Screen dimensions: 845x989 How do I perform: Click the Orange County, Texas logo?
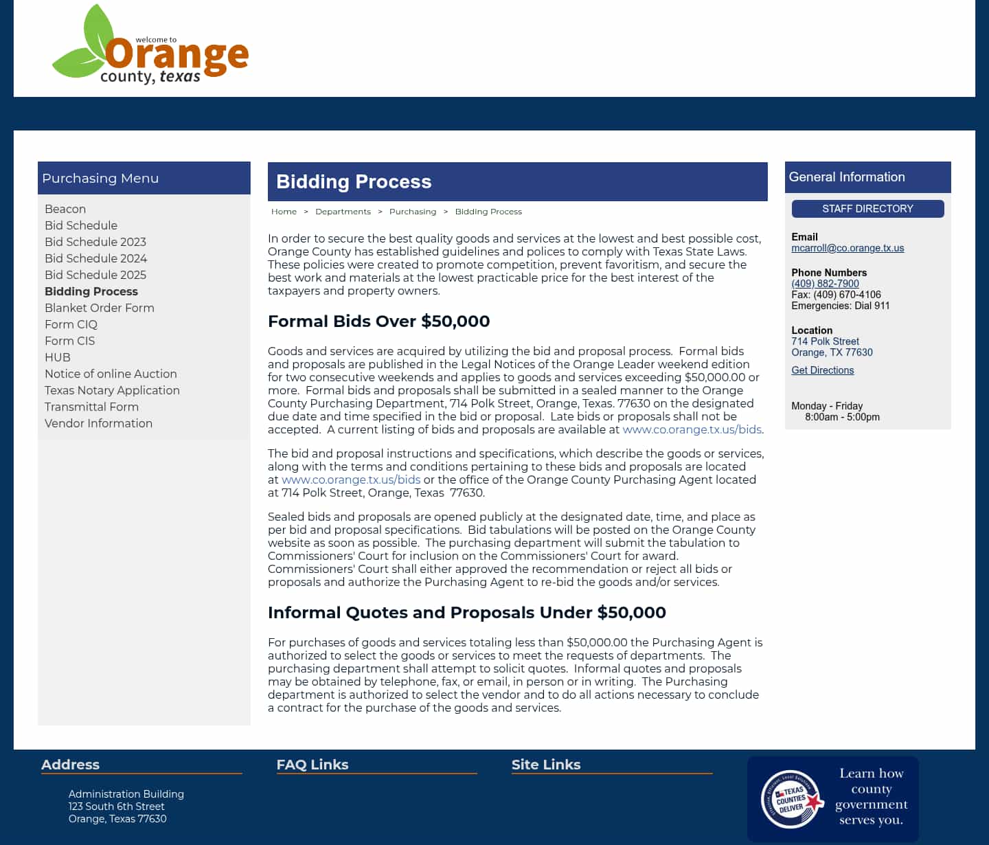[150, 46]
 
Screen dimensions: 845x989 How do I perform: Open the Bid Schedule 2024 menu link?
[95, 258]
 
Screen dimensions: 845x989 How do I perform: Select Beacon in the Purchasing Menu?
[65, 209]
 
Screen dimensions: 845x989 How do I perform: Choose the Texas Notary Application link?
[112, 390]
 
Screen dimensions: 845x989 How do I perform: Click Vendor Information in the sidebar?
[98, 423]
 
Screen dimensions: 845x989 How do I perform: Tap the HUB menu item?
[58, 357]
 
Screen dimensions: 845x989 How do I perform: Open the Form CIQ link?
[71, 324]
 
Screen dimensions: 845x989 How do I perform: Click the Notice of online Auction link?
[111, 374]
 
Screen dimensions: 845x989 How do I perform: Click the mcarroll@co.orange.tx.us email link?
[848, 248]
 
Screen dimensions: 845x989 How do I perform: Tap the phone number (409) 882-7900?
[825, 284]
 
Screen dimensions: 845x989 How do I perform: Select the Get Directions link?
[822, 370]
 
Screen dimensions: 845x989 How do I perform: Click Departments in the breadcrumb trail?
[343, 212]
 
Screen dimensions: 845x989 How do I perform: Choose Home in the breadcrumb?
[284, 212]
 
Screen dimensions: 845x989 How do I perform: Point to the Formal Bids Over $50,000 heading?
[378, 321]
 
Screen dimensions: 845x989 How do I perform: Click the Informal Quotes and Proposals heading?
[466, 612]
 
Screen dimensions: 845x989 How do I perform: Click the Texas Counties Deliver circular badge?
[792, 799]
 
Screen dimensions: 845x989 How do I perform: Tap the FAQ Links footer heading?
[312, 765]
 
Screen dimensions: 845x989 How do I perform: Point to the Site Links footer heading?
[546, 765]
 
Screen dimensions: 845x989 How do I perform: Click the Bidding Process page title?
[354, 181]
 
